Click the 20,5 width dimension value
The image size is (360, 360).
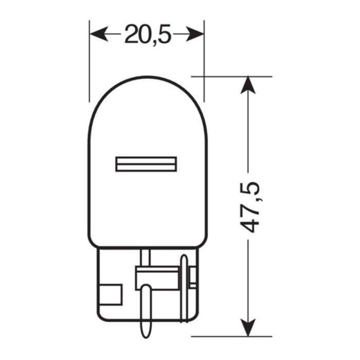(147, 35)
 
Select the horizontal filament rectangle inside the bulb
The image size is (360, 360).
(147, 164)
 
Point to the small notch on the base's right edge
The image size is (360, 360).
(193, 278)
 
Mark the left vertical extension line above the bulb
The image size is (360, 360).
(89, 62)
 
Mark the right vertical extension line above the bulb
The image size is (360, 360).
(204, 62)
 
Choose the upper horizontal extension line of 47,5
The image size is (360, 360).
(231, 76)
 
